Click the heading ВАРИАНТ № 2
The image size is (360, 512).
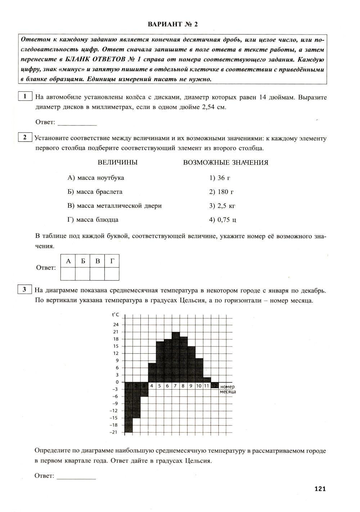click(x=172, y=24)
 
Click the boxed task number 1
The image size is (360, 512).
click(x=25, y=96)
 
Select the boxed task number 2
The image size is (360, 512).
click(x=25, y=137)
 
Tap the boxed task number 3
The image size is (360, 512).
click(x=25, y=289)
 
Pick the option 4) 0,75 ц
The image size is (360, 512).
click(x=222, y=220)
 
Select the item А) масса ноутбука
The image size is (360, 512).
click(x=96, y=178)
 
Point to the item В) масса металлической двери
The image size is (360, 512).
click(x=114, y=206)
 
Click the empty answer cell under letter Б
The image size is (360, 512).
click(x=83, y=274)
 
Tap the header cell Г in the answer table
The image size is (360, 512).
click(x=112, y=261)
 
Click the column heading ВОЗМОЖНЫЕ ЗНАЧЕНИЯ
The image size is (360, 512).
click(x=226, y=163)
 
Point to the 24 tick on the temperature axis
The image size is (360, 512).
click(x=116, y=325)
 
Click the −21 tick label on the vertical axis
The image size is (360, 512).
click(x=114, y=432)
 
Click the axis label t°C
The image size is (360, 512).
click(x=116, y=315)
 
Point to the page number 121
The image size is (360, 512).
click(x=320, y=489)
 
